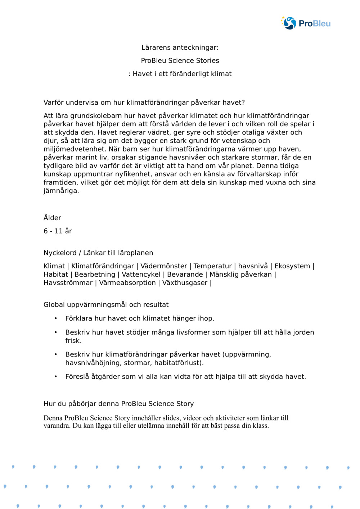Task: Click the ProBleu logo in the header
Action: tap(306, 23)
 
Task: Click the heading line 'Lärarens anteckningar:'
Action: tap(180, 47)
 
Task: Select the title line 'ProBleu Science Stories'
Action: tap(180, 60)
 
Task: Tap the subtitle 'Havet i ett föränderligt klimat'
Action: tap(182, 74)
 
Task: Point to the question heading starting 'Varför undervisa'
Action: tap(144, 103)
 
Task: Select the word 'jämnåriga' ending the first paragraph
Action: tap(60, 191)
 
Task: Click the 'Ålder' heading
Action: tap(52, 218)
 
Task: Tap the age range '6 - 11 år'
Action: tap(58, 231)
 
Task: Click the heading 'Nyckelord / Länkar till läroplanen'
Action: tap(98, 253)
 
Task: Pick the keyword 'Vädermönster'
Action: tap(163, 266)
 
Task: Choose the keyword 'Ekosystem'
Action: tap(292, 266)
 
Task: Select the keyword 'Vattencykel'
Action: tap(141, 274)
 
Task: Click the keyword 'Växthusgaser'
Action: tap(185, 283)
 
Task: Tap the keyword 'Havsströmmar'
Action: tap(68, 283)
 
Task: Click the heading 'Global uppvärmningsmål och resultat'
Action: tap(106, 305)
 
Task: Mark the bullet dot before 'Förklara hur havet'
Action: tap(56, 318)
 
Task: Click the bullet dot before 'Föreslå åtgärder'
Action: tap(56, 377)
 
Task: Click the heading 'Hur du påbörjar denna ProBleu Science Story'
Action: tap(118, 404)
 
